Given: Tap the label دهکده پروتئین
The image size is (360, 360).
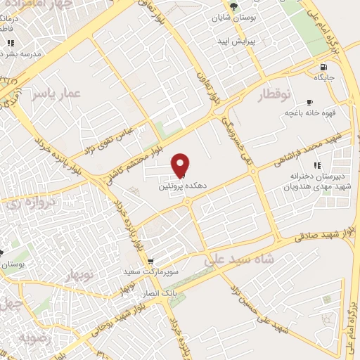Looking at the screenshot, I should (173, 186).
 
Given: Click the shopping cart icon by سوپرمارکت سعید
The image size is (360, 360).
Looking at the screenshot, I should (149, 260).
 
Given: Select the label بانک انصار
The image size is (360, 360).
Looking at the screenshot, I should (161, 286).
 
